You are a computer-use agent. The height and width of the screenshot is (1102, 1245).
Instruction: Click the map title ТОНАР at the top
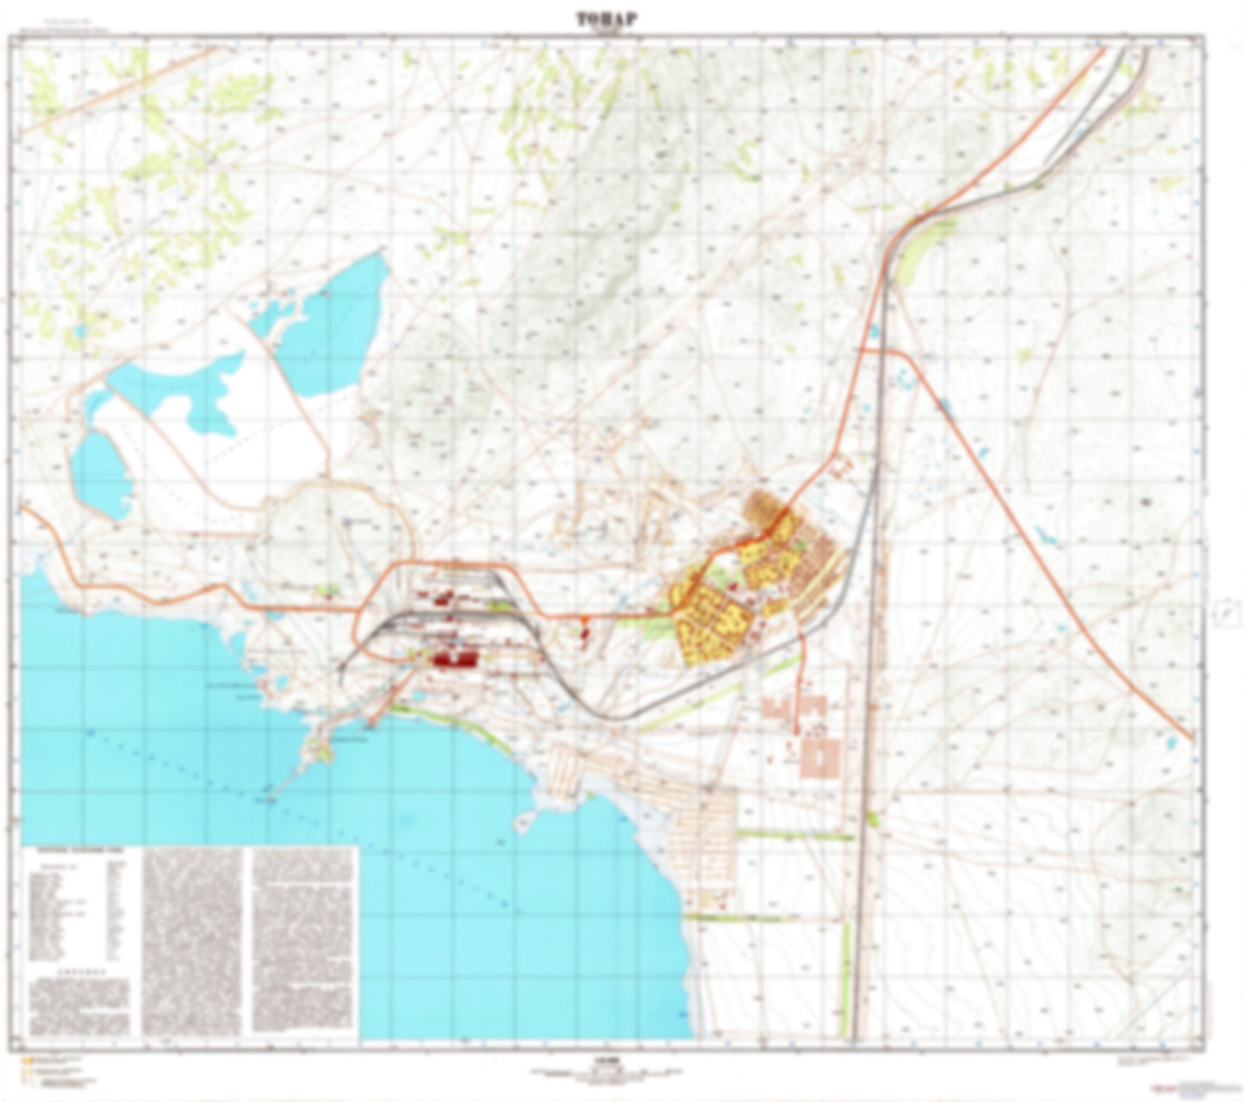[607, 20]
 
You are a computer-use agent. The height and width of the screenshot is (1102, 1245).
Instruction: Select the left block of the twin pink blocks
[780, 708]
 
